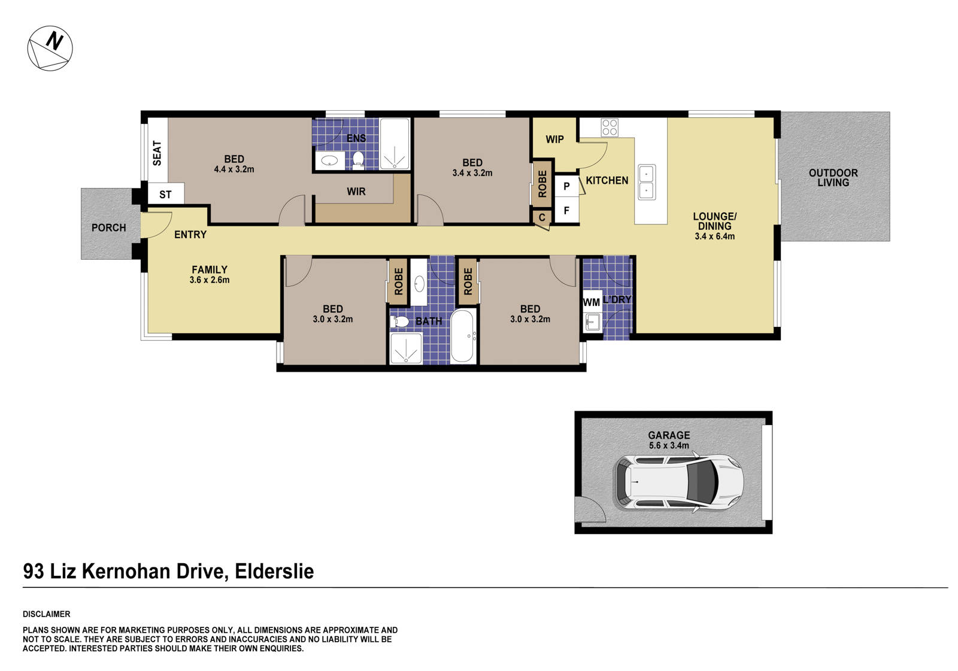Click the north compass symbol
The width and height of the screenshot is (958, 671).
point(50,48)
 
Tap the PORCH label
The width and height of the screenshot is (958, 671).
point(108,227)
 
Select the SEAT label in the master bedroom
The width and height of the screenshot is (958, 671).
point(157,153)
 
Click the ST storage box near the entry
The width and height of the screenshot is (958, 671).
point(165,195)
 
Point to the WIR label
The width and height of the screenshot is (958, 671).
point(356,192)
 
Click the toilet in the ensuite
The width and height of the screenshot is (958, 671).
point(359,159)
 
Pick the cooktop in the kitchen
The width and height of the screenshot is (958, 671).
point(610,127)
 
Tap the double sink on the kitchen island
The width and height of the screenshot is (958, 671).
point(647,181)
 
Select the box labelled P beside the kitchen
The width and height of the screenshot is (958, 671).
point(566,186)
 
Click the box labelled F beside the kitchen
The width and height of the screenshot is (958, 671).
point(566,211)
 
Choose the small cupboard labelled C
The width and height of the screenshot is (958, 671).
point(542,217)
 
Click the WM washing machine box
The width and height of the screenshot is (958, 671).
point(592,302)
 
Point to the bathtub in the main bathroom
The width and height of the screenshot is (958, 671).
point(463,336)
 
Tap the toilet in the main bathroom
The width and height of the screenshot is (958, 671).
point(399,322)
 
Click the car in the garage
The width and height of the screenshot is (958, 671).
point(678,482)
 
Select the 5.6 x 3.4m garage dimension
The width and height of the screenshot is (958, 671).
point(669,446)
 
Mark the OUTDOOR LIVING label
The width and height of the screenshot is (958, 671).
point(833,178)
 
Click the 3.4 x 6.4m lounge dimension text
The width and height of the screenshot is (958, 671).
point(714,236)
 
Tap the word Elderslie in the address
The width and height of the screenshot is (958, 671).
point(274,571)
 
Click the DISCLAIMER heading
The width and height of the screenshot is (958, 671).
point(47,614)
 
